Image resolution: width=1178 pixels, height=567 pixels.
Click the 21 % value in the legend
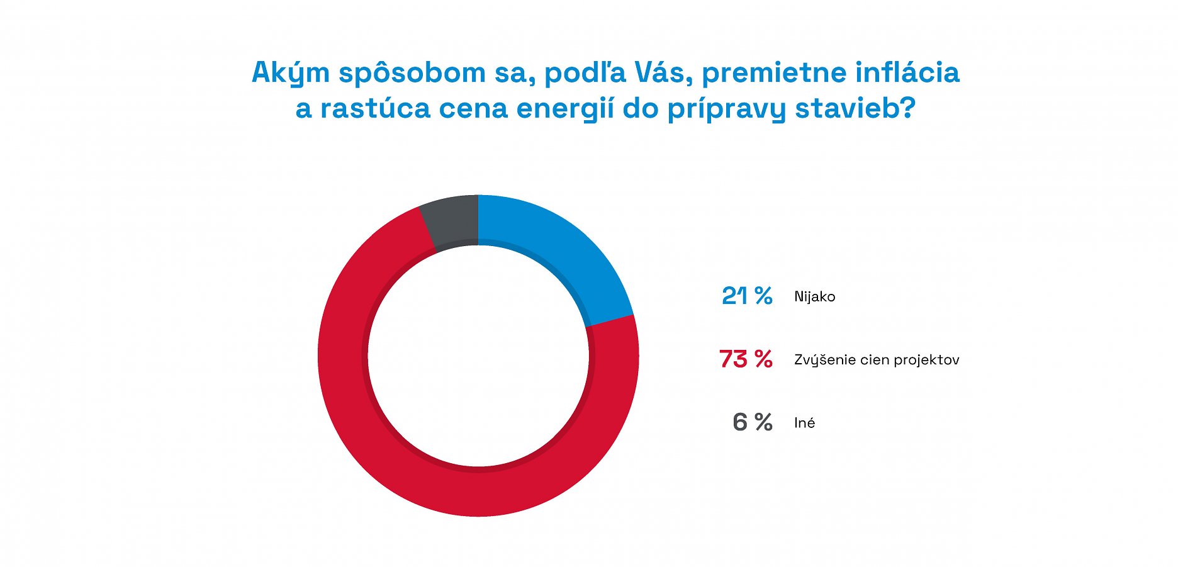click(747, 296)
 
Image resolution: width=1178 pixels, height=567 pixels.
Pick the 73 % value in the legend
click(746, 359)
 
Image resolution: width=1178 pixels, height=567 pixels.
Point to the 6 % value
click(752, 422)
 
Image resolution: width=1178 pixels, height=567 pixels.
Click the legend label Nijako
click(814, 296)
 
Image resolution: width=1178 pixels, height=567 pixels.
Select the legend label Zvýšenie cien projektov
click(876, 360)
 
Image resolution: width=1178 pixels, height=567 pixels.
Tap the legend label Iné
click(804, 423)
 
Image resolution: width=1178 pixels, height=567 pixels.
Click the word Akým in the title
click(291, 73)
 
